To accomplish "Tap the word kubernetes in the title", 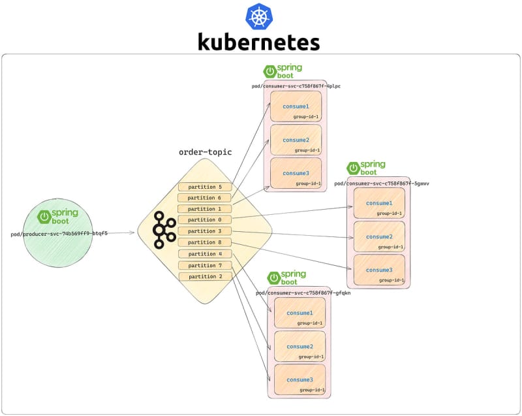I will click(x=259, y=42).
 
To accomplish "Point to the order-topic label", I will click(x=205, y=152).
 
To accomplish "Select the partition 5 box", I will click(x=205, y=187).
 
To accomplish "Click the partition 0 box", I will click(x=205, y=219).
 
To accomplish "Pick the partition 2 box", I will click(x=205, y=276).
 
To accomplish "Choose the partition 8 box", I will click(x=205, y=242).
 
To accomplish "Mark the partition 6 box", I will click(x=205, y=197).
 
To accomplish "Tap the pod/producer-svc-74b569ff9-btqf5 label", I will click(x=59, y=232).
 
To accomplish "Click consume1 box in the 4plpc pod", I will click(x=296, y=106).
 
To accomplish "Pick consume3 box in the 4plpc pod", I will click(x=296, y=173).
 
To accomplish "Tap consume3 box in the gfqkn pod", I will click(x=299, y=379).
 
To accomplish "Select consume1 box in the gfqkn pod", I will click(x=299, y=313).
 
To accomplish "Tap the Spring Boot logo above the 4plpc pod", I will click(x=283, y=71).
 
